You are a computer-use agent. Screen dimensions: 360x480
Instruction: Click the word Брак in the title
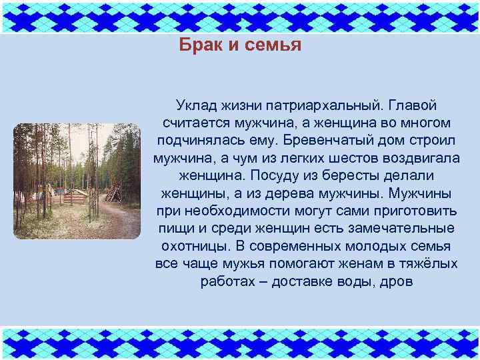(x=197, y=45)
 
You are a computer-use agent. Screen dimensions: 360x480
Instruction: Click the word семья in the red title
(x=269, y=45)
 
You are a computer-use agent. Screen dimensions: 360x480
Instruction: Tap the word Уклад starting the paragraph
(x=195, y=106)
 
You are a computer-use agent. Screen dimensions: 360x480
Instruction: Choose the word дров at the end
(x=396, y=281)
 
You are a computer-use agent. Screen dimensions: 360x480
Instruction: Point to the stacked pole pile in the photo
(x=113, y=193)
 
